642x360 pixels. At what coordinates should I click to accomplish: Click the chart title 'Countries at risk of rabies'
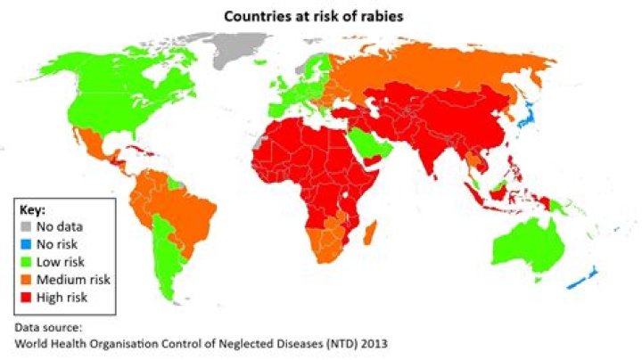321,16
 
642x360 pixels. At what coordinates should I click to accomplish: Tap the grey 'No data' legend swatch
29,227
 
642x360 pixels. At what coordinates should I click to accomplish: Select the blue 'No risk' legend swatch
29,244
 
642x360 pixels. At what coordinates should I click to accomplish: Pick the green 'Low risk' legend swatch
29,261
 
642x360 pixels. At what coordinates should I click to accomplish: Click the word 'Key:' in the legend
33,210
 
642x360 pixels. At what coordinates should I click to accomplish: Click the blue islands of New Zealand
584,281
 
